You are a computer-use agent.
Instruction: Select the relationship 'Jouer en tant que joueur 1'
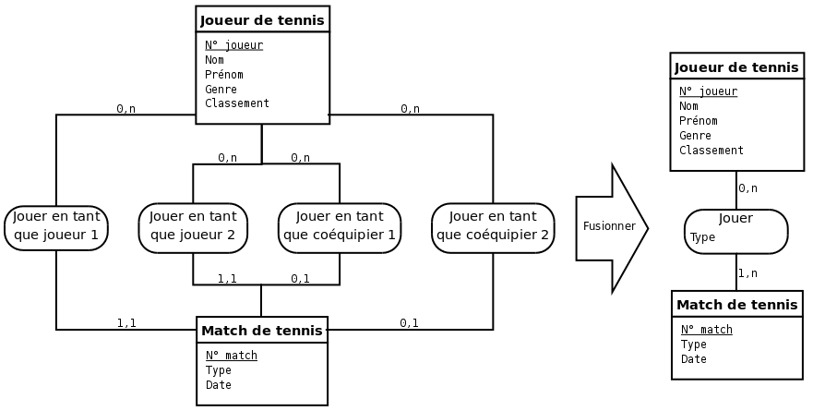(x=56, y=227)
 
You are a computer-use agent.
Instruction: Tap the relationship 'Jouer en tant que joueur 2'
(x=193, y=227)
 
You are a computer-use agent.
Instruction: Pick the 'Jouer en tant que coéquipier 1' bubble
(x=340, y=227)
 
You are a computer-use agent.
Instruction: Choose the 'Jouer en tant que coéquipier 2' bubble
(x=493, y=227)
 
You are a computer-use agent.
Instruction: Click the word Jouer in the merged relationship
(x=735, y=219)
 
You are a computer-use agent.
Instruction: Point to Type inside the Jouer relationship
(x=703, y=237)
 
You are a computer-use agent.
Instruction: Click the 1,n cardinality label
(x=747, y=273)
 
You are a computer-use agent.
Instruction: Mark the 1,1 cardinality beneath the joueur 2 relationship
(x=227, y=278)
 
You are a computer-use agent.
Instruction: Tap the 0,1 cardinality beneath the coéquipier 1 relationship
(x=300, y=278)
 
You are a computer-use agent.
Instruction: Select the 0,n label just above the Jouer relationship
(x=747, y=188)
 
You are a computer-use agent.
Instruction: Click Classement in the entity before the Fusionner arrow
(x=237, y=103)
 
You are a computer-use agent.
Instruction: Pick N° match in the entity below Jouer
(x=707, y=330)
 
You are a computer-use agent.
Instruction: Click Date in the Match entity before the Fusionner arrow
(x=219, y=385)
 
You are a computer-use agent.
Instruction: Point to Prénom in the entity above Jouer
(x=699, y=121)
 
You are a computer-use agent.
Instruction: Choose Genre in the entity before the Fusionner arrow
(x=221, y=90)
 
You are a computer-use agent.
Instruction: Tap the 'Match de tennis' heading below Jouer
(x=736, y=305)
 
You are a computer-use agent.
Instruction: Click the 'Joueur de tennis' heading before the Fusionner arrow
(x=262, y=19)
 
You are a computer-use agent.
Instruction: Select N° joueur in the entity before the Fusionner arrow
(x=233, y=45)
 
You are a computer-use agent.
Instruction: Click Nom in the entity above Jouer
(x=689, y=106)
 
